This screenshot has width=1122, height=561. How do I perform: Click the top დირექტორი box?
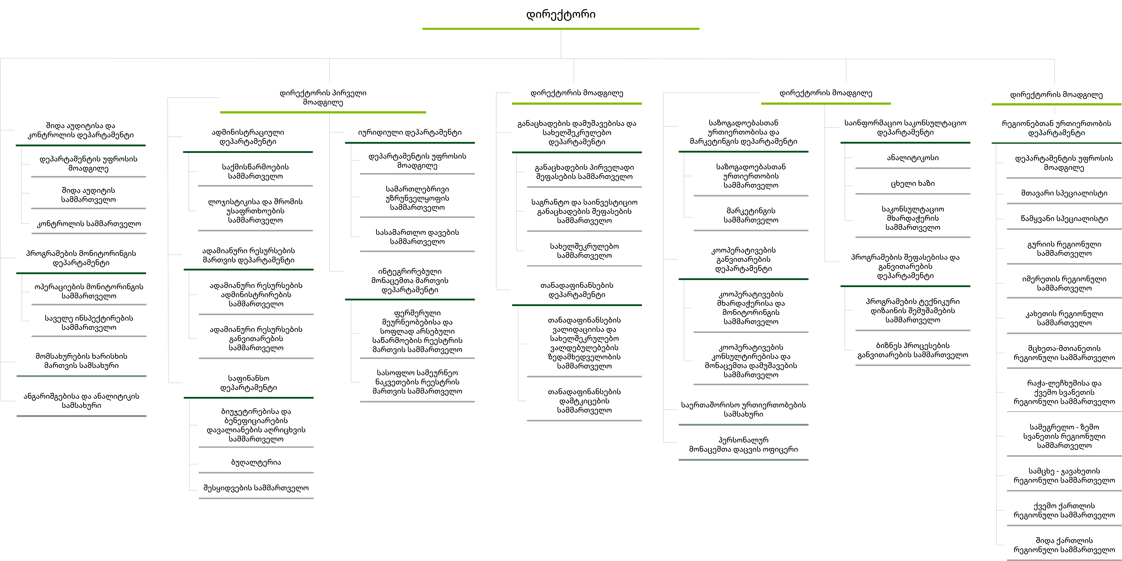point(561,14)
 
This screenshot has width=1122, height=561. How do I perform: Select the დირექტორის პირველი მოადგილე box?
point(323,98)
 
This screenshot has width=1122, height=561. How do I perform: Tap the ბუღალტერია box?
point(256,462)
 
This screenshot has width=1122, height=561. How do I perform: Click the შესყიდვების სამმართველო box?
point(256,488)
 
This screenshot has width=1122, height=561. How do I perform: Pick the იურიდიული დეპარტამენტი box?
point(409,132)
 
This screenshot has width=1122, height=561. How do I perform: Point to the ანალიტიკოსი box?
point(913,158)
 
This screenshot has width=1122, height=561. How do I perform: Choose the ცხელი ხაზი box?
point(913,183)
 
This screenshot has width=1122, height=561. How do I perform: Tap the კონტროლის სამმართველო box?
point(88,224)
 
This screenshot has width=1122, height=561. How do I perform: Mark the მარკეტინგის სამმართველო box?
point(750,215)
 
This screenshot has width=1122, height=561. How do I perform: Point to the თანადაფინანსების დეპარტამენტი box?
point(576,290)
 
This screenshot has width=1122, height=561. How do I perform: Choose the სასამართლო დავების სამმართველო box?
point(417,237)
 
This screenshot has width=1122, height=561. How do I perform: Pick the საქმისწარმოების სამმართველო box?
point(255,171)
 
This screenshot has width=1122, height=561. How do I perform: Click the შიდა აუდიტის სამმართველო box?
point(88,195)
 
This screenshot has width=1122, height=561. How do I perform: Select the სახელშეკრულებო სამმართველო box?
point(584,250)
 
